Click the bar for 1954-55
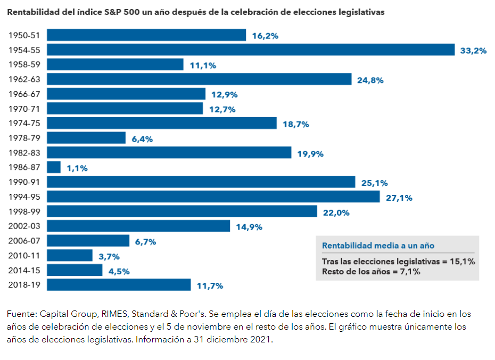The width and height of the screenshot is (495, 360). click(x=251, y=50)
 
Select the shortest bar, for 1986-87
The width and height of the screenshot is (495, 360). click(x=54, y=167)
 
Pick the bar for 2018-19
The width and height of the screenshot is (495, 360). click(x=119, y=285)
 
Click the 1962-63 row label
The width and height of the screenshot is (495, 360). click(x=25, y=79)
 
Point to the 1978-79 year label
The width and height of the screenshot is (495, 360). click(x=25, y=138)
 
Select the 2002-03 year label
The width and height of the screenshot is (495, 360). click(x=25, y=226)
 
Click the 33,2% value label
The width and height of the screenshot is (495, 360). click(x=473, y=51)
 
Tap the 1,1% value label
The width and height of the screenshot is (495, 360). click(x=77, y=168)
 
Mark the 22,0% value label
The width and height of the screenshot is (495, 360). click(x=336, y=212)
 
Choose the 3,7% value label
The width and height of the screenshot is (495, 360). click(x=109, y=256)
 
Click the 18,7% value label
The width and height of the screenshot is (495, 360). click(x=296, y=124)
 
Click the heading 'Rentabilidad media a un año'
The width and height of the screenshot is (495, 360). click(x=378, y=246)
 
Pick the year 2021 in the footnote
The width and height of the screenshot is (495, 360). click(x=261, y=339)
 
